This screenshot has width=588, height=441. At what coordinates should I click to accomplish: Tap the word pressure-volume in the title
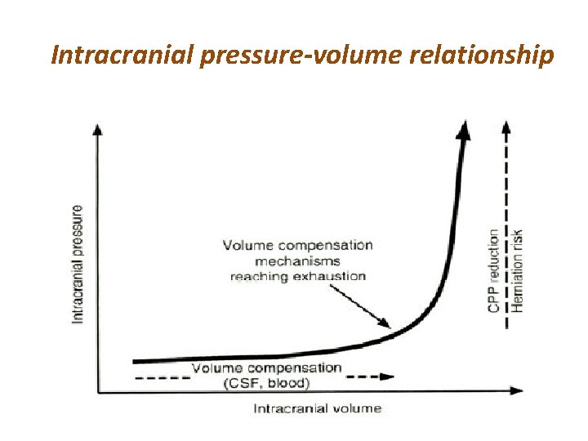point(278,56)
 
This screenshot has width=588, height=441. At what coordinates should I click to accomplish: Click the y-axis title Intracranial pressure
point(78,264)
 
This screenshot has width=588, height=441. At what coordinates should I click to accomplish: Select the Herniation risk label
point(517,269)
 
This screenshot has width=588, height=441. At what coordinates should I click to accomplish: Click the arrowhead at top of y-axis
point(98,129)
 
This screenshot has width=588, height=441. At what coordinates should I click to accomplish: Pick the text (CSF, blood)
point(267,382)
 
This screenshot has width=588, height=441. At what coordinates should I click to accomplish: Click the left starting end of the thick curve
point(136,360)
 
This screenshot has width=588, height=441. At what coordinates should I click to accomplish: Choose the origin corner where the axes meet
point(99,392)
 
